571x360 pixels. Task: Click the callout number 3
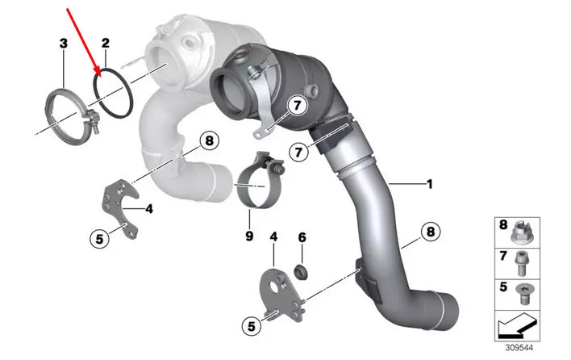pos(64,44)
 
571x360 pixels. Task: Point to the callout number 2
pos(105,44)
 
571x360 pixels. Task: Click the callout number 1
pos(430,184)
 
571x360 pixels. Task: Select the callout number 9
pos(249,236)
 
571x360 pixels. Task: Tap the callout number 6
pos(302,237)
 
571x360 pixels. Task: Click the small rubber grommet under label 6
pos(301,272)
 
